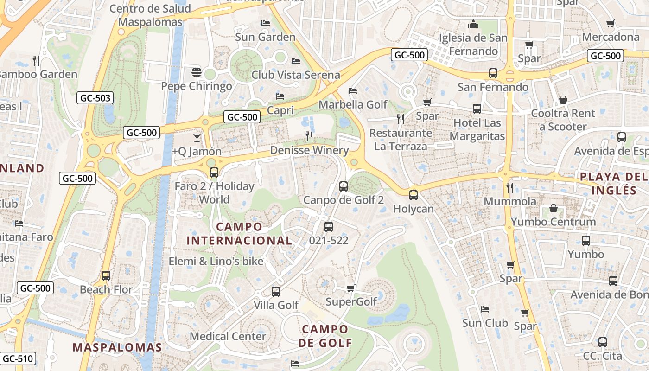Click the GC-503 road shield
(95, 98)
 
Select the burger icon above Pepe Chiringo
(197, 72)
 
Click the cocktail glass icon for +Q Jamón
(197, 137)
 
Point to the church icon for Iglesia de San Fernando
(473, 24)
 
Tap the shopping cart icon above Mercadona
(611, 23)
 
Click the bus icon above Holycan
(414, 195)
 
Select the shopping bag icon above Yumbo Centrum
(553, 208)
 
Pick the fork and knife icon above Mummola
(510, 187)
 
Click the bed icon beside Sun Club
(485, 309)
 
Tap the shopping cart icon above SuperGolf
(351, 288)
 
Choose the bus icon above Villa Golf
(276, 292)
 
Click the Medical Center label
(228, 336)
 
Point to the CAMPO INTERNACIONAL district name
(239, 234)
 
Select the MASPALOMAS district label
(117, 347)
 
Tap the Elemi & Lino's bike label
(216, 261)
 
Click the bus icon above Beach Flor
(106, 276)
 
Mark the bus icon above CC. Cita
(602, 342)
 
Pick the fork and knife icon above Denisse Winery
(309, 136)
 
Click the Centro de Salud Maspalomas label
(150, 15)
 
